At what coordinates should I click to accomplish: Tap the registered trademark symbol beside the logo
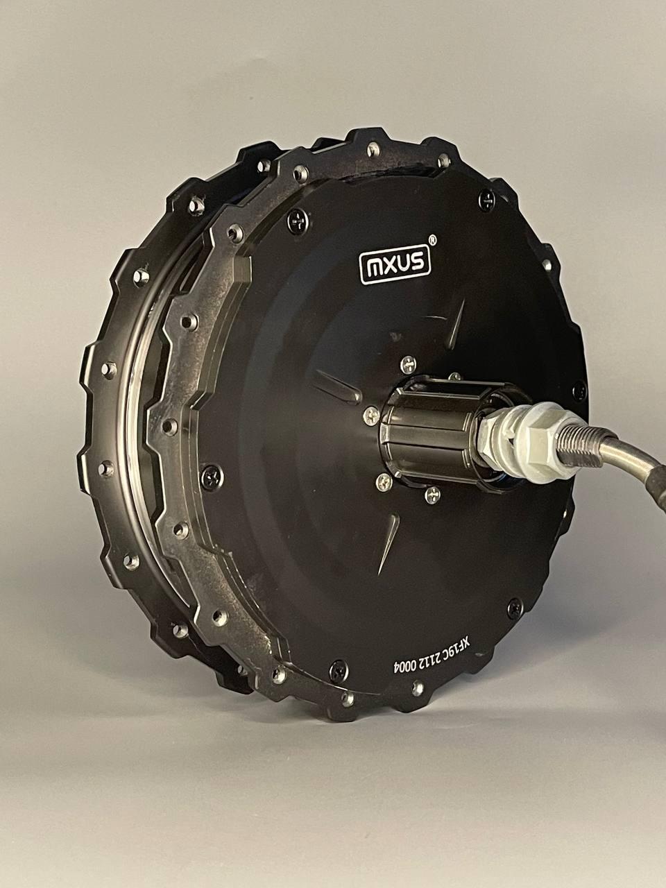tap(432, 239)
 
